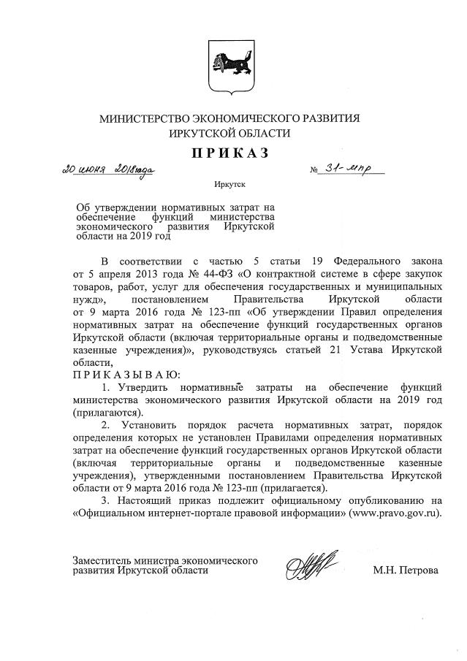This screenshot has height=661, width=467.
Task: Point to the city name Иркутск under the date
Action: pyautogui.click(x=230, y=186)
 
